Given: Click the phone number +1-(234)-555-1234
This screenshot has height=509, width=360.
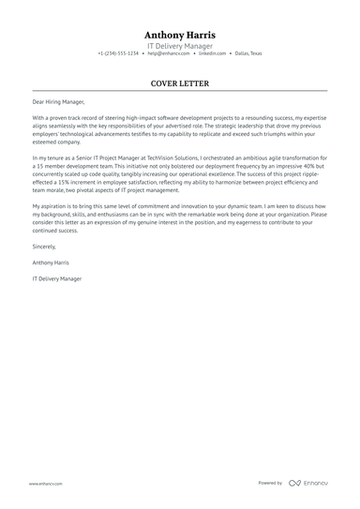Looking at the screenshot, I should click(x=118, y=54).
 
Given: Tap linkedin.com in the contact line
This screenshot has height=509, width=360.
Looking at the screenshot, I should click(x=213, y=54).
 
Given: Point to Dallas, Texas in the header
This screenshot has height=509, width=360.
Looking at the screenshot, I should click(x=248, y=54).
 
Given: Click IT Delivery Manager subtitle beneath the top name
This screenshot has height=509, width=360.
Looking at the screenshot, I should click(x=179, y=45).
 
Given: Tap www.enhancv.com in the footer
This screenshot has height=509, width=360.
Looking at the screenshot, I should click(x=45, y=483).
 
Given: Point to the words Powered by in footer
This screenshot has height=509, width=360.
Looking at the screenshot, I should click(x=270, y=483).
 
